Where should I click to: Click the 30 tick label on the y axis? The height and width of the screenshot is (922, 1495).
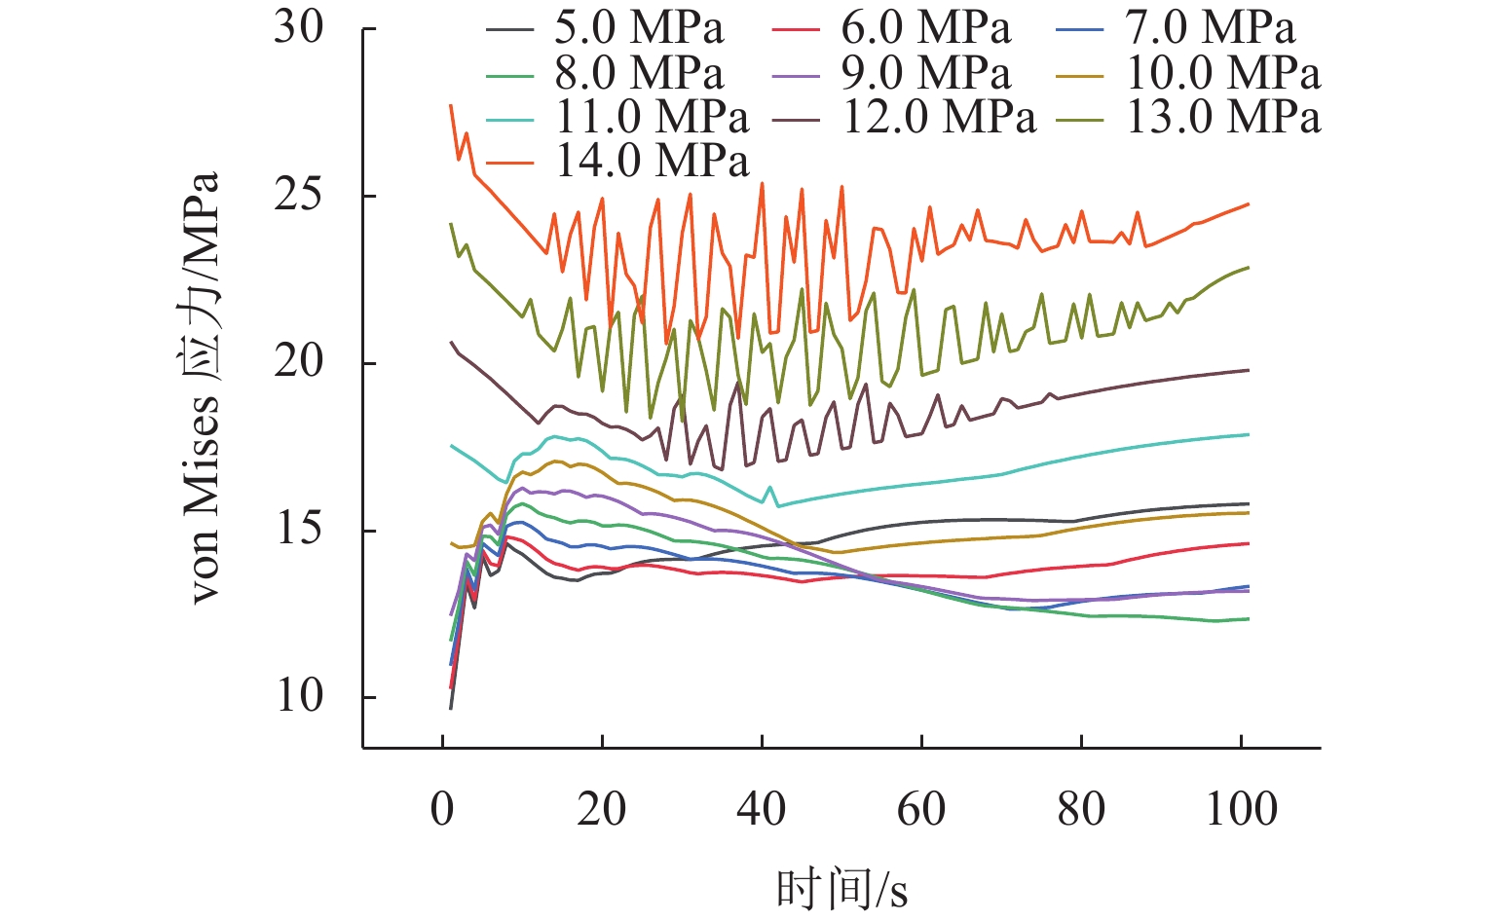298,28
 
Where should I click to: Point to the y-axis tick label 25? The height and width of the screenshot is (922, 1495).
298,196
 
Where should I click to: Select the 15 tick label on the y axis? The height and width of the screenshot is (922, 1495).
298,530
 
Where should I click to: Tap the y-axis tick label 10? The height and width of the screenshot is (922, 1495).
298,697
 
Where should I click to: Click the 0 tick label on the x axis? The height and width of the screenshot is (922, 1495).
443,809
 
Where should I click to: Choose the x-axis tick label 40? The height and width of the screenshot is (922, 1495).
762,809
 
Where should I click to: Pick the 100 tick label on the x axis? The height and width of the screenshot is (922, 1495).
1241,809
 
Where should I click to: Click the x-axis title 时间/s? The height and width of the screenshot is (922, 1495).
841,888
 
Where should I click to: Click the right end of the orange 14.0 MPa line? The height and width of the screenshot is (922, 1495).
1248,204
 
